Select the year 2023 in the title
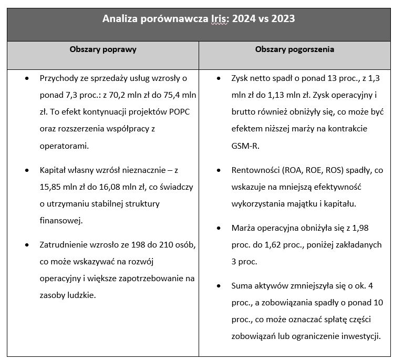282,19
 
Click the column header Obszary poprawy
103,49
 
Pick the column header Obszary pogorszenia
295,49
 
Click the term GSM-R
245,145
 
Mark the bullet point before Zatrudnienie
27,244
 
